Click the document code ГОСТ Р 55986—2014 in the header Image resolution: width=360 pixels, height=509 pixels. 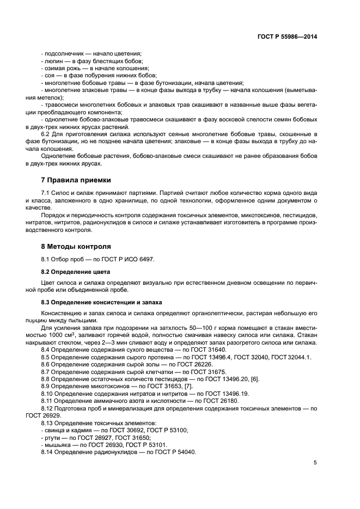[287, 37]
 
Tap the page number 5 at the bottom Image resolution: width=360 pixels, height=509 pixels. [315, 463]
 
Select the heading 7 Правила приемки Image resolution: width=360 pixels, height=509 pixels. [76, 180]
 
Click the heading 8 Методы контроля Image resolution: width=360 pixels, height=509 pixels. [76, 246]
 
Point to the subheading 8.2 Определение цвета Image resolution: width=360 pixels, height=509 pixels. [76, 271]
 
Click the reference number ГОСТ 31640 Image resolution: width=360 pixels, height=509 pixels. [180, 349]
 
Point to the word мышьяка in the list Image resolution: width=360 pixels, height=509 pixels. [57, 445]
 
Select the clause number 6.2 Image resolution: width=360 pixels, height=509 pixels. [46, 134]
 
